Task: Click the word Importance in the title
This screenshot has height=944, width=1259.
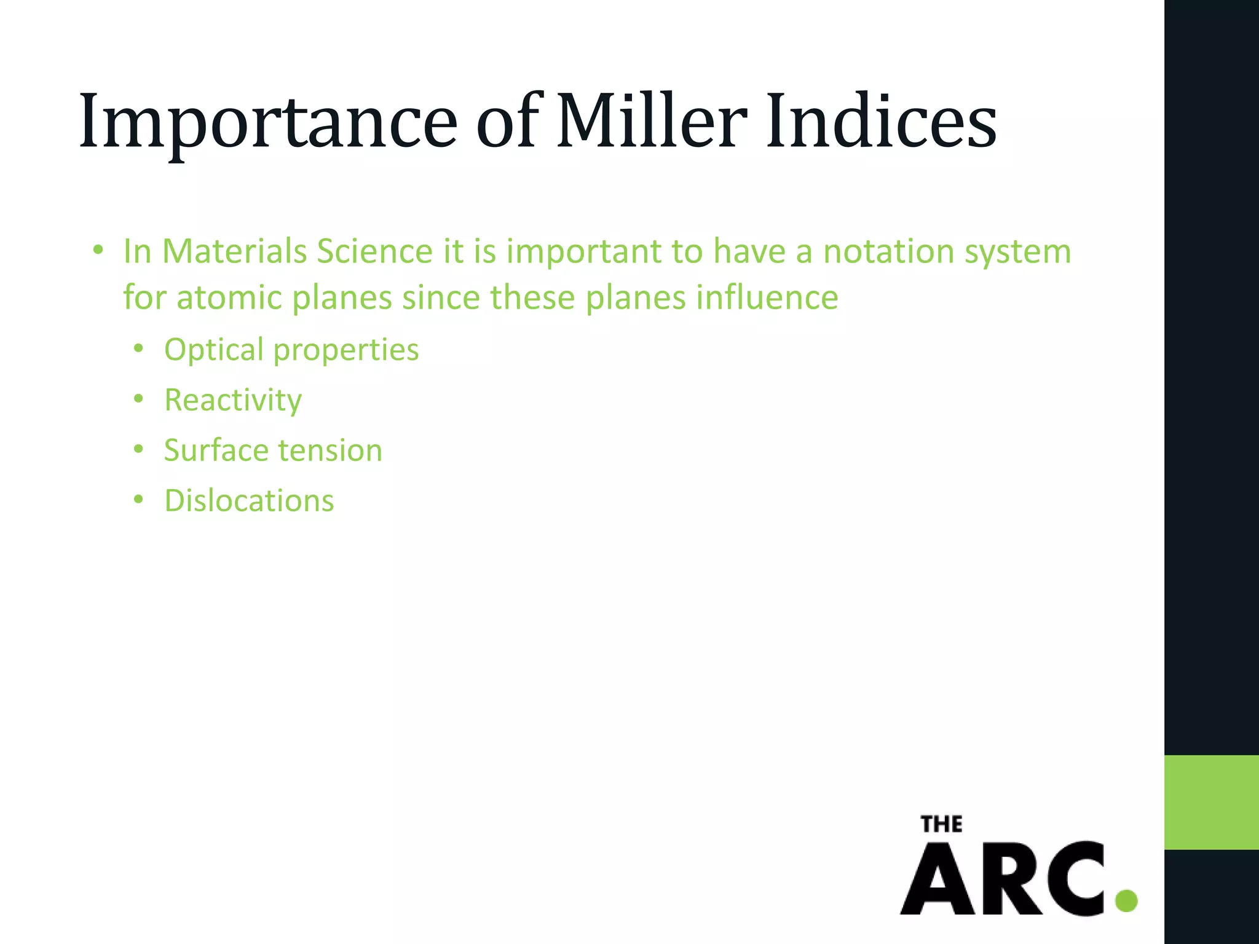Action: pos(268,121)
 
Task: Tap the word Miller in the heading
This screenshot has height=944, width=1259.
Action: pos(652,121)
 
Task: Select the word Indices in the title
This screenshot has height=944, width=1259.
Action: pos(881,121)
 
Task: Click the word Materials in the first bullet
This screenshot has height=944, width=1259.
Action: pos(234,251)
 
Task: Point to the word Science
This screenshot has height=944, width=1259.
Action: pos(375,251)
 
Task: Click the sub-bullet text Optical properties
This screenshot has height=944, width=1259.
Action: pos(291,350)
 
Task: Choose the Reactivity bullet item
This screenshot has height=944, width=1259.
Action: pos(233,401)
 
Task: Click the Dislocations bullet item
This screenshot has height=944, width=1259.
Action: pos(249,501)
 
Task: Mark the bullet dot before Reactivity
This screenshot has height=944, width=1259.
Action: pos(138,399)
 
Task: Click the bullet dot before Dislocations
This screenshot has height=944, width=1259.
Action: pos(138,500)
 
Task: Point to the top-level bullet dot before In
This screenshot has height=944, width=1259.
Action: pos(98,251)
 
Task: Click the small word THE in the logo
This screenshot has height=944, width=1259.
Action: pos(941,824)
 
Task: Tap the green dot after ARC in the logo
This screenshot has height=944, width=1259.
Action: pos(1126,900)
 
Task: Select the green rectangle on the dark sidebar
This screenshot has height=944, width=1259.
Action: pos(1211,802)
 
